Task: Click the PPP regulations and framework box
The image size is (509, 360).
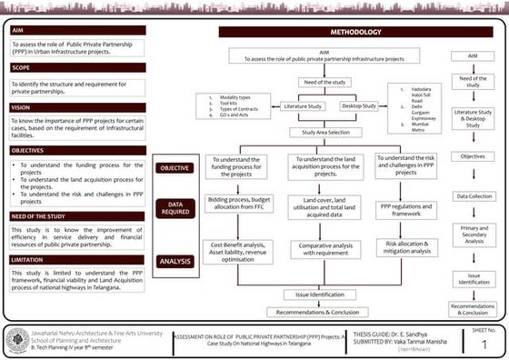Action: (x=404, y=210)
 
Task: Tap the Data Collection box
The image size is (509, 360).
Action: (x=473, y=195)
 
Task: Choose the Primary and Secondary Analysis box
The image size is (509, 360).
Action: (x=473, y=235)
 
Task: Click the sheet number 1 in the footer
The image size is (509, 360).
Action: (x=483, y=344)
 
